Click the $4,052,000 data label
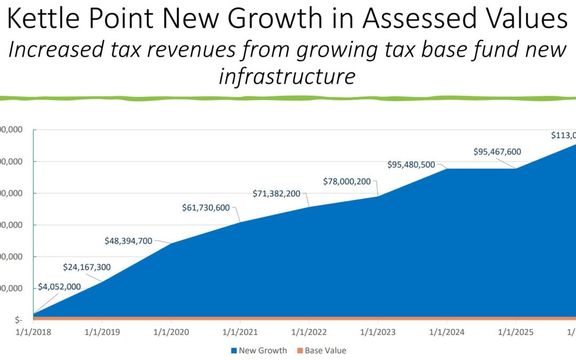coord(59,287)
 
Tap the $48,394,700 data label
coord(129,241)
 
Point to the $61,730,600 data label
coord(206,207)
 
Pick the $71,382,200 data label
coord(276,193)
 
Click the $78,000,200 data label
coord(347,181)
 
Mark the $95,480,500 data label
coord(411,164)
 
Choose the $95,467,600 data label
coord(497,151)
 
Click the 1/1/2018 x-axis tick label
coord(33,332)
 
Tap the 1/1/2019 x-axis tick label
coord(102,332)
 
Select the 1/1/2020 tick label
coord(171,332)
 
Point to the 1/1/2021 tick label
coord(240,332)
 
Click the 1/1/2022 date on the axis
coord(309,332)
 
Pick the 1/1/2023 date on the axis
coord(378,332)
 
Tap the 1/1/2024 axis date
coord(447,332)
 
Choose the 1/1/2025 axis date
coord(516,332)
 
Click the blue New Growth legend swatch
coord(234,351)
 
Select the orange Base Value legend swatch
coord(299,351)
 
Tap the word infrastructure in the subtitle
coord(287,76)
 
